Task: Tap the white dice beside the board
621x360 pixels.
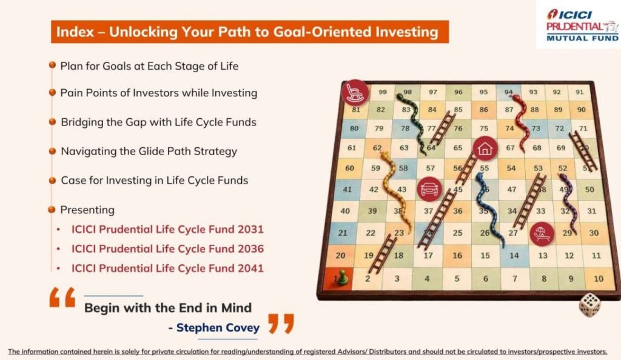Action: click(x=589, y=305)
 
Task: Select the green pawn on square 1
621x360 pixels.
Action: click(x=343, y=277)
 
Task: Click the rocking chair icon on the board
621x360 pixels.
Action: click(x=355, y=93)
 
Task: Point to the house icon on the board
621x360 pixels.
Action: click(x=485, y=148)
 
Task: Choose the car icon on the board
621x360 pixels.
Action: click(x=430, y=190)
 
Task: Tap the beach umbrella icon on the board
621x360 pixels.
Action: click(x=542, y=234)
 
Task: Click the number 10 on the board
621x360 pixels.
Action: click(x=599, y=279)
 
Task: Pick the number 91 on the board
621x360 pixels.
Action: click(x=579, y=92)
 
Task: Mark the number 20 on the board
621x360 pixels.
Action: click(x=340, y=256)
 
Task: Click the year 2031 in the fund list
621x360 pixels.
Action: click(x=250, y=230)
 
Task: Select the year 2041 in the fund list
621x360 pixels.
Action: click(x=250, y=268)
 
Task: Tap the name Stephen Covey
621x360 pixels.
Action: click(x=218, y=327)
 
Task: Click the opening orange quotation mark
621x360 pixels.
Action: click(x=62, y=297)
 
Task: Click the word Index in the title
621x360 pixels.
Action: click(x=75, y=32)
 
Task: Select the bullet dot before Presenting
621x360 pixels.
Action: click(x=52, y=209)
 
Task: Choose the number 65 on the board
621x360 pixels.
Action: click(x=458, y=148)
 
